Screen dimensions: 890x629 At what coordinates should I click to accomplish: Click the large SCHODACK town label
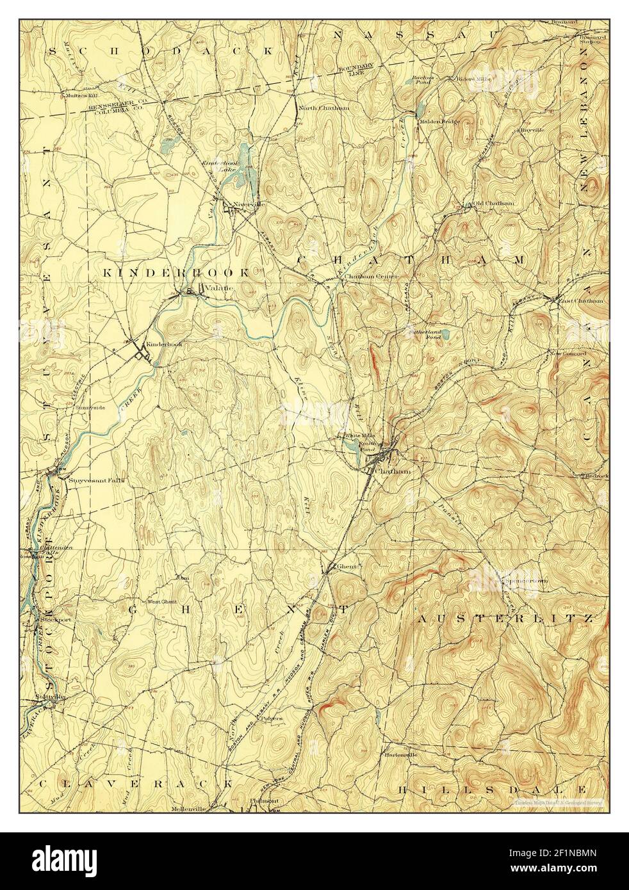click(161, 49)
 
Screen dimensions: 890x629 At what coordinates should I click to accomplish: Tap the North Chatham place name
click(324, 108)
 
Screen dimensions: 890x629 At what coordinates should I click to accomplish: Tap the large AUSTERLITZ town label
click(506, 619)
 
